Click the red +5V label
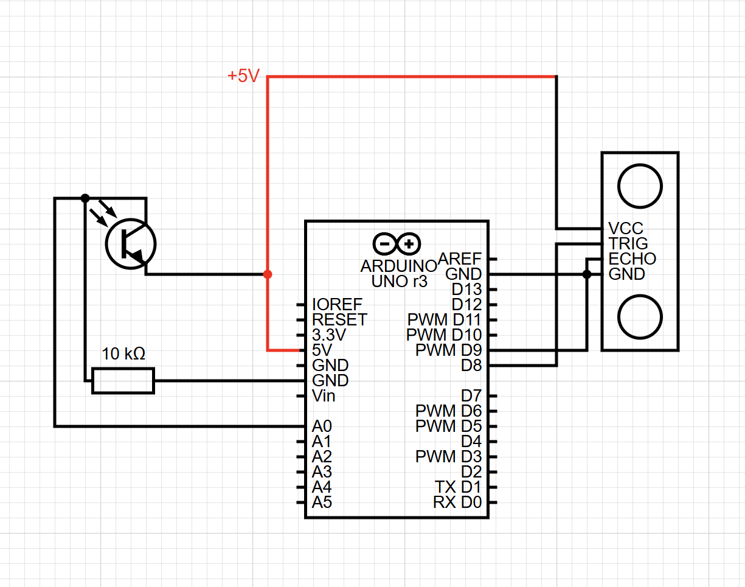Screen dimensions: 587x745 (243, 77)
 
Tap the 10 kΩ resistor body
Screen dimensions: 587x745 (123, 381)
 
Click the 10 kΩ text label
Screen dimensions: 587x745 (123, 354)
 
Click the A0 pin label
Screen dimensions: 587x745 (322, 426)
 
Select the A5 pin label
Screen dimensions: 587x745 (322, 502)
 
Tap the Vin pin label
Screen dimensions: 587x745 (324, 396)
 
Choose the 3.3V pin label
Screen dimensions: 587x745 (328, 335)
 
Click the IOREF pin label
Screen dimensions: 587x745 (337, 304)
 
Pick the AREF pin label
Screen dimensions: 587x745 (459, 259)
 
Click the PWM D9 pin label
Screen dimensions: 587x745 (448, 350)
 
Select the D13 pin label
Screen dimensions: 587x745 (466, 289)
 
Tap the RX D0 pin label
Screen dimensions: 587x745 (457, 502)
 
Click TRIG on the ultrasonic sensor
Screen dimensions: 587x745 (628, 244)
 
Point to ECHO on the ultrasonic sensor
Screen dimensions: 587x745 (632, 259)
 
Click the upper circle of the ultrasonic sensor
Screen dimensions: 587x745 (640, 186)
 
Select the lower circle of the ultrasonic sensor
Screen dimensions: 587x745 (640, 316)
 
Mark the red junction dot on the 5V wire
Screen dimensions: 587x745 (268, 274)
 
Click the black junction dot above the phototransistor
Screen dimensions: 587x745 (85, 198)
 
